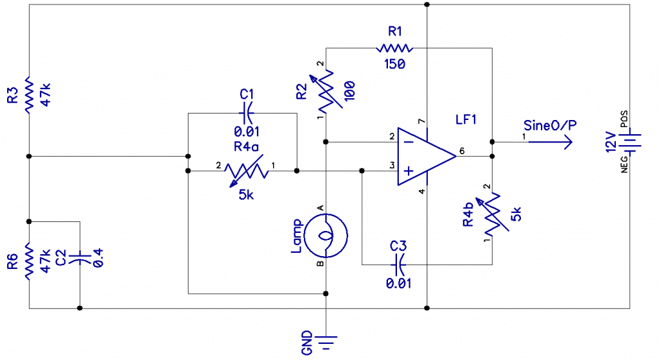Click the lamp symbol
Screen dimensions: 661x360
[x=326, y=235]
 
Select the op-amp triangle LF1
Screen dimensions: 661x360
[x=427, y=156]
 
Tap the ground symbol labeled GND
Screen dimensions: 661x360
[x=325, y=343]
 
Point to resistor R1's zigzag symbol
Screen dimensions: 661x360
[x=394, y=48]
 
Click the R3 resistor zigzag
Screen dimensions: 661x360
[x=28, y=95]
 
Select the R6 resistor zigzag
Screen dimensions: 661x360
[x=28, y=261]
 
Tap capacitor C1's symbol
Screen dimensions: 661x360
[x=246, y=113]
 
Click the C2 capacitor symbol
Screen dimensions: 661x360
[x=79, y=257]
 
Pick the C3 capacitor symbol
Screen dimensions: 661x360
[x=398, y=265]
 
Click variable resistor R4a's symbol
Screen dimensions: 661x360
[x=246, y=171]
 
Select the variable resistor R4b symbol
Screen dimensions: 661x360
[x=492, y=215]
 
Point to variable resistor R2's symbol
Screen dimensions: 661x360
[x=326, y=90]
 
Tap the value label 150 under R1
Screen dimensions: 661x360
[x=394, y=64]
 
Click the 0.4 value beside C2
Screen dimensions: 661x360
[x=97, y=257]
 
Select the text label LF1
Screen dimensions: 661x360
[x=466, y=120]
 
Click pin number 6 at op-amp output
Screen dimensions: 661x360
[x=462, y=151]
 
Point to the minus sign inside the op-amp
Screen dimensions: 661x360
[x=409, y=142]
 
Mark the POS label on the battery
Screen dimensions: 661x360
[x=624, y=119]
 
